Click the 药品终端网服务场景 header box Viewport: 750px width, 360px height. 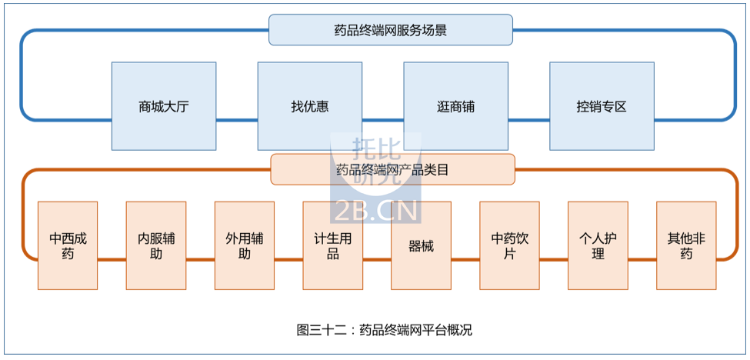390,31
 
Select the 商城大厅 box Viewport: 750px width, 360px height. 164,106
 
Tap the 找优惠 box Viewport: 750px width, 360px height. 309,106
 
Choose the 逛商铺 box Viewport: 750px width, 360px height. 455,106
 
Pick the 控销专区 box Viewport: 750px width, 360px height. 602,106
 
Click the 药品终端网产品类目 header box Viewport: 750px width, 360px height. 392,169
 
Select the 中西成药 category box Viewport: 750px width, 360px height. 68,245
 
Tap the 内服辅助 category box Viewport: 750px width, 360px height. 156,245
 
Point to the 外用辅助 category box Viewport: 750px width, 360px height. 244,245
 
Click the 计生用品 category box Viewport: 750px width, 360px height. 332,245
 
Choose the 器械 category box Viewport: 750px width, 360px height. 421,245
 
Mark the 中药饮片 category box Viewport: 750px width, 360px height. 509,245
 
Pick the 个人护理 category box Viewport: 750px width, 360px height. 598,245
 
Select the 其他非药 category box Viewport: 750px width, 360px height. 686,245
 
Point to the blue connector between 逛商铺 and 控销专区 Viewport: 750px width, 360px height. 528,119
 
